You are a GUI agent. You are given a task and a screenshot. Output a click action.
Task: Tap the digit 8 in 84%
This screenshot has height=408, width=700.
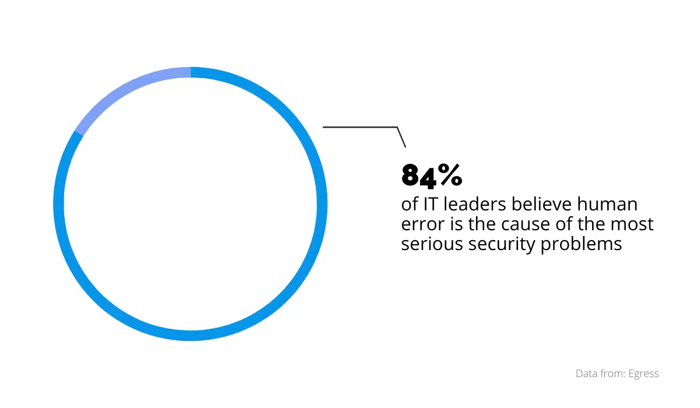[x=411, y=175]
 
